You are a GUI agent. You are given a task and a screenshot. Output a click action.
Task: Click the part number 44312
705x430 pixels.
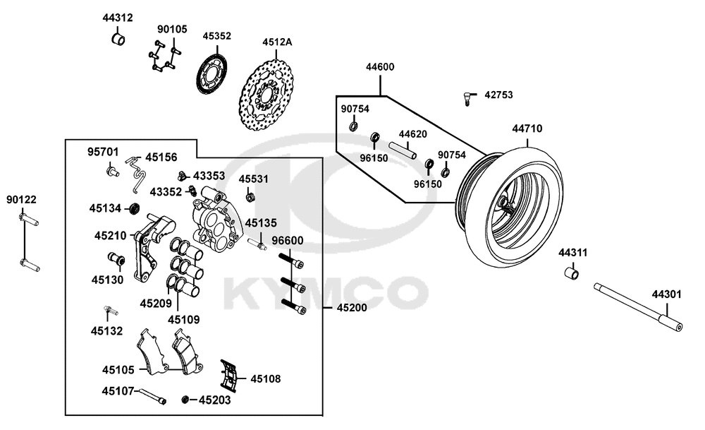(x=117, y=18)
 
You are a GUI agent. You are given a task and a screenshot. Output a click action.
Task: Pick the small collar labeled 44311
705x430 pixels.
(x=573, y=273)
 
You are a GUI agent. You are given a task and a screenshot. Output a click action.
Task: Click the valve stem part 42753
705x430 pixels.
(x=467, y=98)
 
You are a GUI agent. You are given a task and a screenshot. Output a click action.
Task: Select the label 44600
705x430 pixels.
(x=380, y=67)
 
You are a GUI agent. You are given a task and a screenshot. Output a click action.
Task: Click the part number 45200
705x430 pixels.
(x=351, y=309)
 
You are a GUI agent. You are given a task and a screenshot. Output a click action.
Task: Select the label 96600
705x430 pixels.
(x=287, y=241)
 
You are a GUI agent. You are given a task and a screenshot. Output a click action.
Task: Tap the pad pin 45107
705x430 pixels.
(x=151, y=396)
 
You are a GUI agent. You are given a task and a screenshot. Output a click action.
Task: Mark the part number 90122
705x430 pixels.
(x=23, y=200)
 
